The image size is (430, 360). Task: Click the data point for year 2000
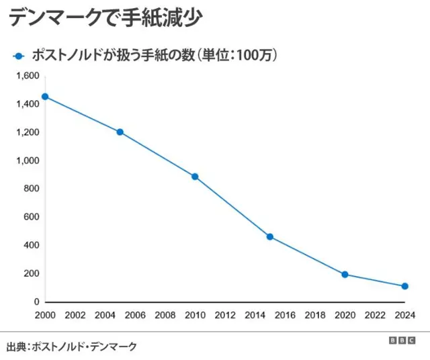click(x=45, y=97)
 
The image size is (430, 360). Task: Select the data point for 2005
click(x=120, y=132)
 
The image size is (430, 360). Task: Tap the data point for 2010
click(x=195, y=177)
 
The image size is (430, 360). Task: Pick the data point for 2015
click(x=270, y=236)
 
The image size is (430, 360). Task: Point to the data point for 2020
click(x=345, y=274)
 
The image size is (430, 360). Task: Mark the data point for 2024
click(x=404, y=286)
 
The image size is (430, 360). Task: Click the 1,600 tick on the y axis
click(x=28, y=76)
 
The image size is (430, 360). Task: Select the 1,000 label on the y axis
click(x=28, y=161)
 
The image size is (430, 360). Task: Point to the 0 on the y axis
click(x=37, y=302)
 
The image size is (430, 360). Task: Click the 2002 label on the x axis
click(x=75, y=315)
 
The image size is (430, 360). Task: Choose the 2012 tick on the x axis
click(x=225, y=315)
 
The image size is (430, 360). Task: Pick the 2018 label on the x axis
click(x=315, y=315)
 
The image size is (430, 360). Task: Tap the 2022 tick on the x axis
click(x=375, y=315)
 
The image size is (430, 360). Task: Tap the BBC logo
click(x=402, y=341)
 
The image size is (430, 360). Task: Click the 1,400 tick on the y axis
click(x=28, y=104)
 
